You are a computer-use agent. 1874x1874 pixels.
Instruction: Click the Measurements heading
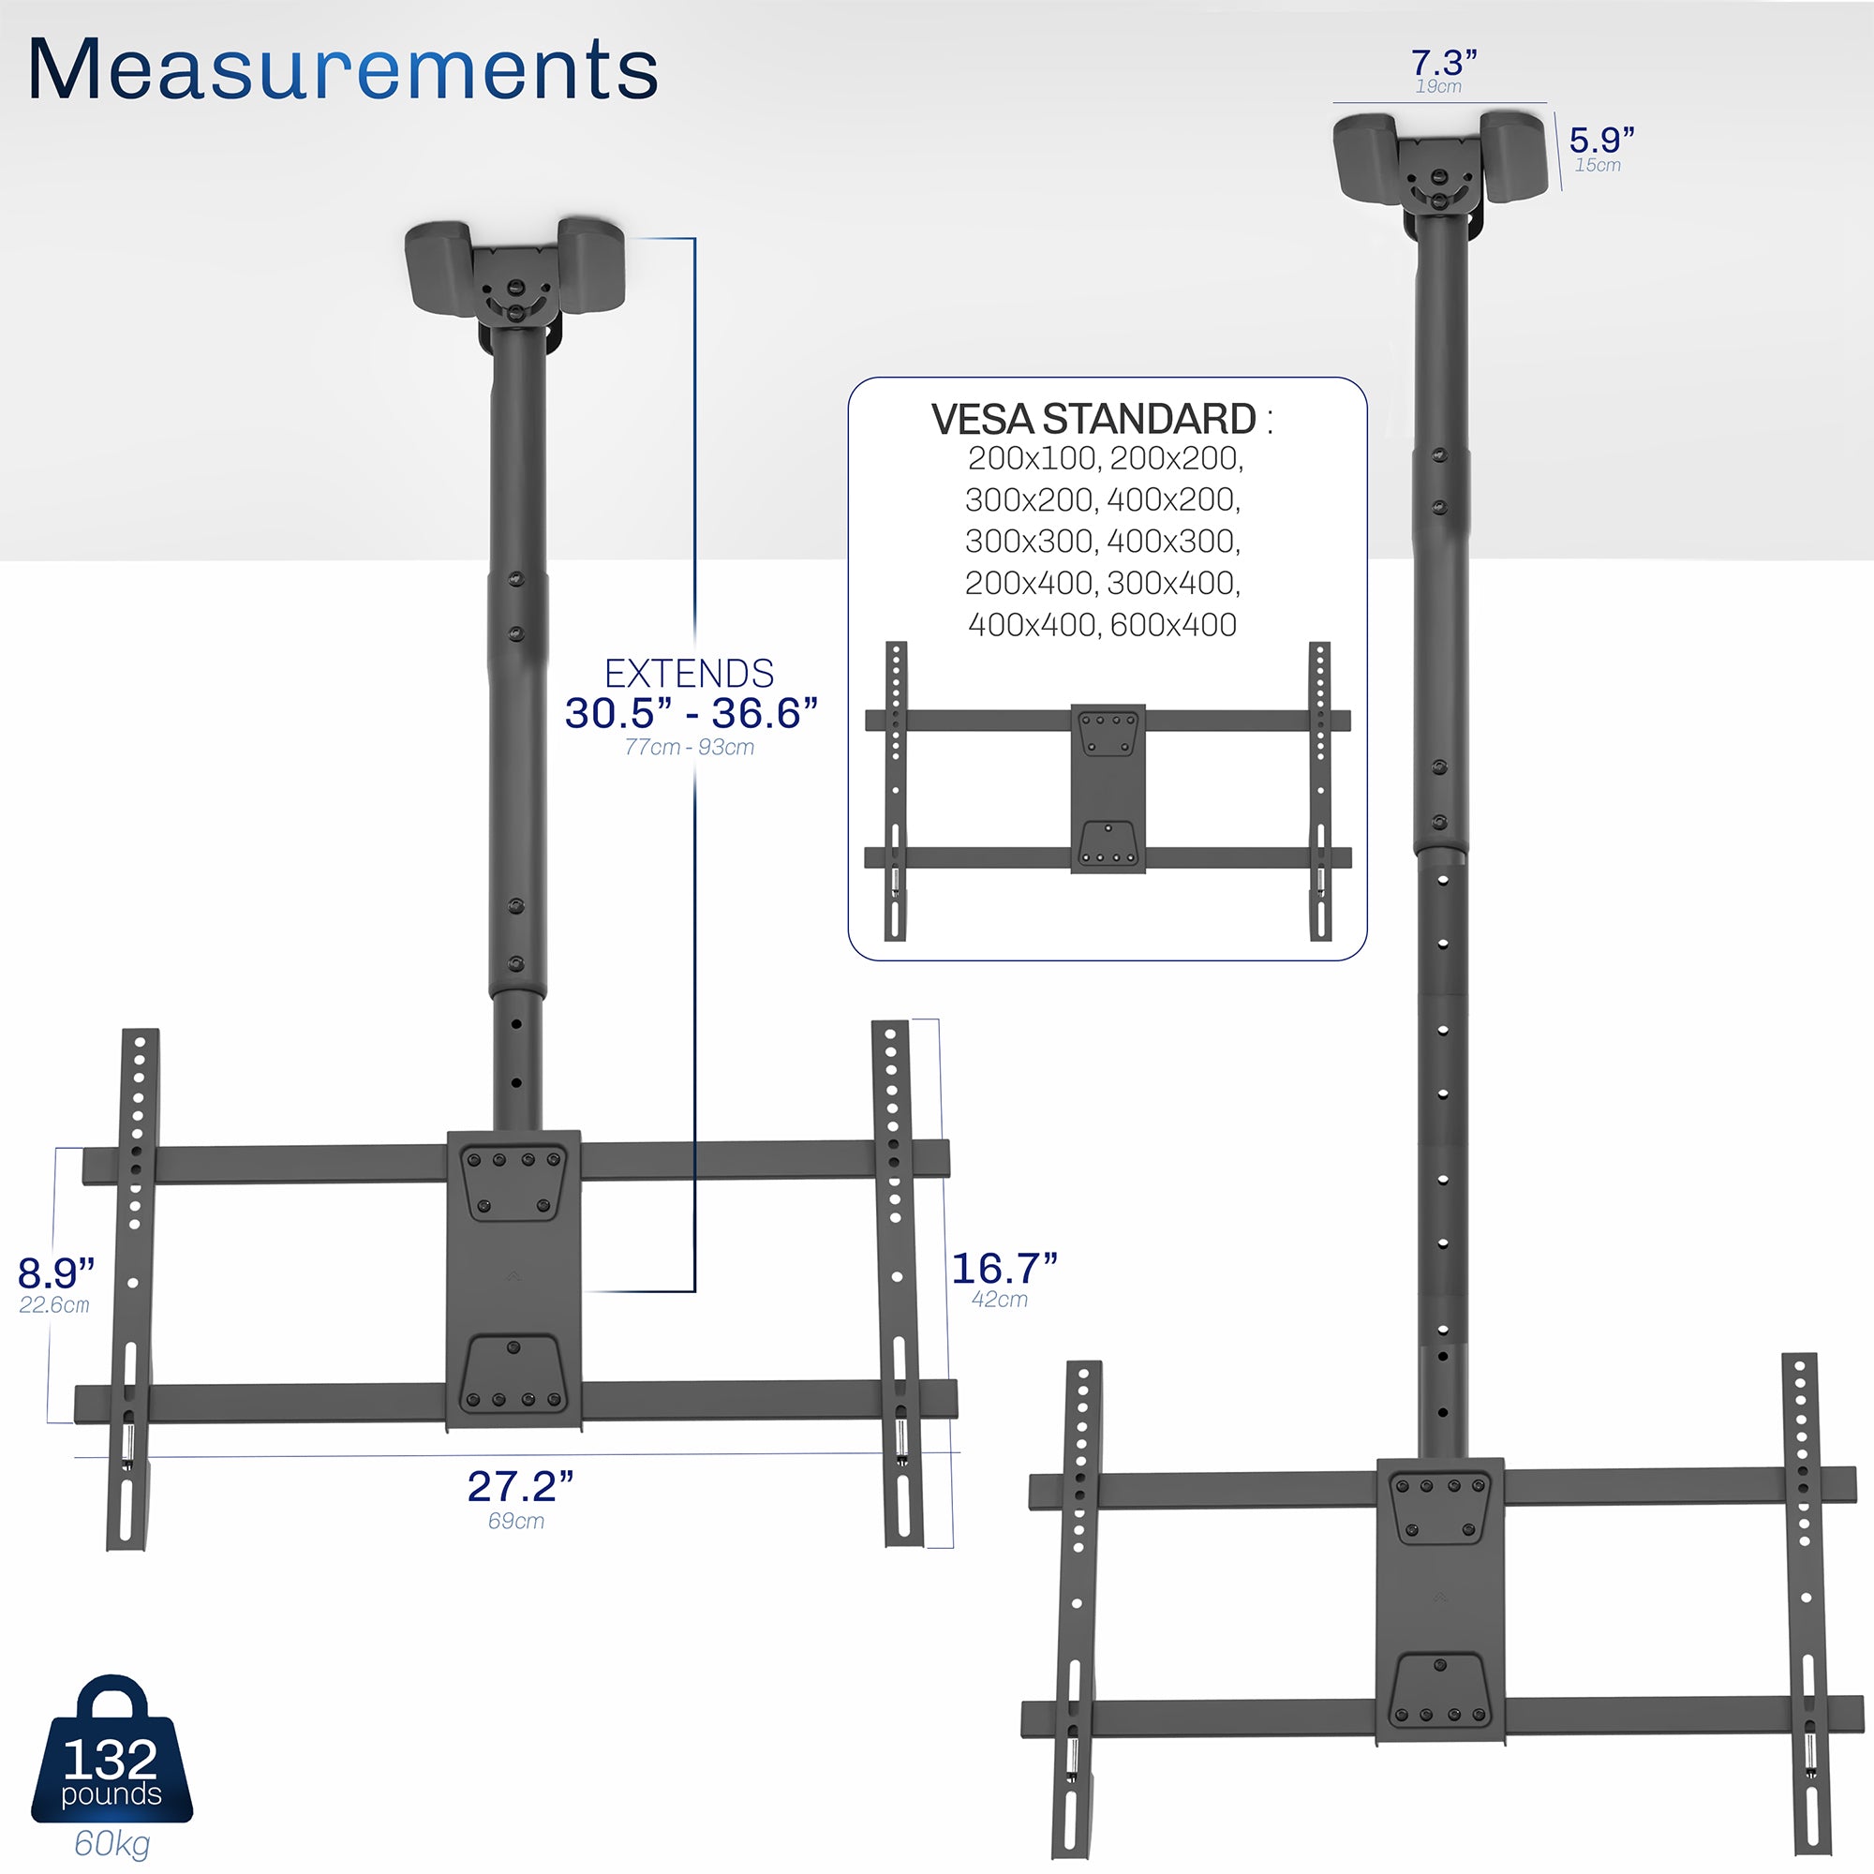coord(342,70)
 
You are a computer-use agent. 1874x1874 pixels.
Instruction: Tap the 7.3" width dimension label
coord(1443,63)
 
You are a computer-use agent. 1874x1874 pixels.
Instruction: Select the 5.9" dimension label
coord(1601,140)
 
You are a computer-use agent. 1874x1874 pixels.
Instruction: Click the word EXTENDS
coord(689,673)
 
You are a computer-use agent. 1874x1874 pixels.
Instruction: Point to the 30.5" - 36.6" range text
coord(691,714)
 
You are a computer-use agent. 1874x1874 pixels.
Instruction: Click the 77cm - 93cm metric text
coord(689,747)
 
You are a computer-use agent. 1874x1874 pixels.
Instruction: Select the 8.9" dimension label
coord(56,1272)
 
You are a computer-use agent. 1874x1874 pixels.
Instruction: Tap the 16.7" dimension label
coord(1003,1268)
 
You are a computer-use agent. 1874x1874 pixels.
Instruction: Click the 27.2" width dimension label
coord(520,1486)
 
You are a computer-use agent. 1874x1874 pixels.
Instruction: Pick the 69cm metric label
coord(516,1521)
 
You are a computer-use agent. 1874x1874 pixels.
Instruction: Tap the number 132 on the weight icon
coord(111,1759)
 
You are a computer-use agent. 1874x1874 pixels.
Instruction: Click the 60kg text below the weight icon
coord(112,1842)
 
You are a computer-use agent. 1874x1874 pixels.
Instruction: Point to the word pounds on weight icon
coord(112,1793)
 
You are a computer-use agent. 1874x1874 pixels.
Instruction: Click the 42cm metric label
coord(999,1300)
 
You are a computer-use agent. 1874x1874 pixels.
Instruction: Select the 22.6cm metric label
coord(54,1305)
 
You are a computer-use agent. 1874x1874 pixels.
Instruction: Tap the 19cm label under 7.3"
coord(1437,86)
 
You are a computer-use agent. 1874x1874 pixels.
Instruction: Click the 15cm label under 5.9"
coord(1597,165)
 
